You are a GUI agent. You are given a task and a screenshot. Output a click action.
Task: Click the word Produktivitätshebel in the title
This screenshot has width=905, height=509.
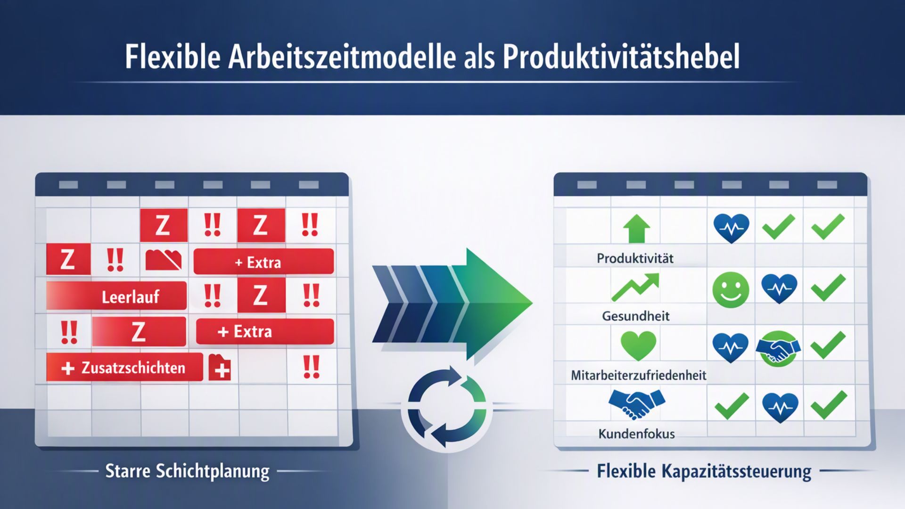(x=621, y=57)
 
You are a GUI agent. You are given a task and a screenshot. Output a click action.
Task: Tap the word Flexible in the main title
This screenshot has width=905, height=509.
(x=173, y=57)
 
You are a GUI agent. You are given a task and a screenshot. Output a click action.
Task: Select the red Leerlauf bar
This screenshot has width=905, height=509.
(x=116, y=296)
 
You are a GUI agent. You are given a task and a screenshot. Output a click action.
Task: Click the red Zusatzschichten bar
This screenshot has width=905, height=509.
(x=124, y=367)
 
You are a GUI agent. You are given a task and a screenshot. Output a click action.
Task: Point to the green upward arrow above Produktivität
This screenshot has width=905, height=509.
(x=636, y=229)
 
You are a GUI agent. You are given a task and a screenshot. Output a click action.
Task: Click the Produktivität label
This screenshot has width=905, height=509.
(x=635, y=258)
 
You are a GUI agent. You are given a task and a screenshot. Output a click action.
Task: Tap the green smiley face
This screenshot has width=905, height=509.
(x=731, y=289)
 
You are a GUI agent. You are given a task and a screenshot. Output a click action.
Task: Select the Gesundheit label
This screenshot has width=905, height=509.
(x=635, y=316)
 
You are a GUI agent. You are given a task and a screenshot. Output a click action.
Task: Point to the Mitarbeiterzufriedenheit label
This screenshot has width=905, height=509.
(x=638, y=375)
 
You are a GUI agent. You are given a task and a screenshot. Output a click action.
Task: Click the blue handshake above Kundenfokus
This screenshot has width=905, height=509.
(x=636, y=403)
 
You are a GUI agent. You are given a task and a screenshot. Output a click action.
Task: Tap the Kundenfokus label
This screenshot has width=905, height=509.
(x=636, y=434)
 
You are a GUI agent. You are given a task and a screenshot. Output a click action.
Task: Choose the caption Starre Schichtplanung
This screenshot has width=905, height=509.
(x=187, y=471)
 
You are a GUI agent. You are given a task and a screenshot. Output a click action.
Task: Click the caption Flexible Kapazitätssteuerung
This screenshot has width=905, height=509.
(x=704, y=471)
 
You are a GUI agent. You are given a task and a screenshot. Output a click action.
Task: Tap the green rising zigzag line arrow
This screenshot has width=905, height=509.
(x=635, y=287)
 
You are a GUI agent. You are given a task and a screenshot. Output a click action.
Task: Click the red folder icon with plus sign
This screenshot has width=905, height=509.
(x=220, y=367)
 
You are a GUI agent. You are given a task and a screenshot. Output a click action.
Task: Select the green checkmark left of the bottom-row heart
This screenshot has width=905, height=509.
(x=732, y=406)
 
